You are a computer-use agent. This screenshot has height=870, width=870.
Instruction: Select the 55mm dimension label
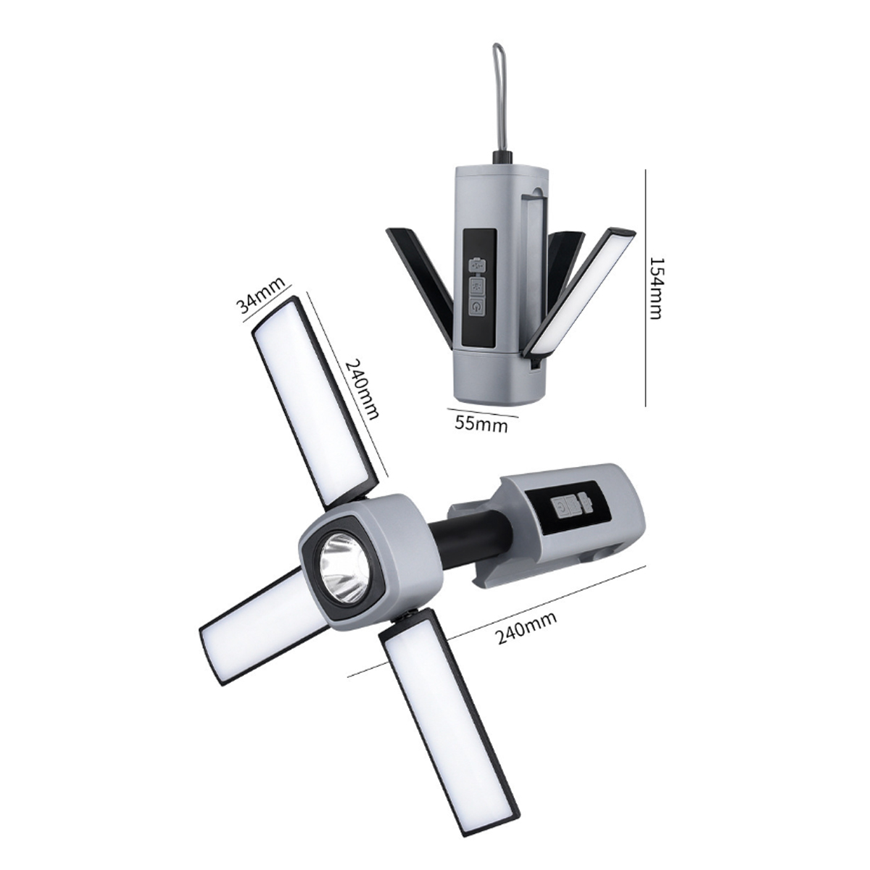(481, 423)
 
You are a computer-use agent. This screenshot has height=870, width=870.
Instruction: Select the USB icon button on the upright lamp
(477, 265)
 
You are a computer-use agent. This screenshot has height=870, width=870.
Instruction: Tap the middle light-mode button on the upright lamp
(477, 286)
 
